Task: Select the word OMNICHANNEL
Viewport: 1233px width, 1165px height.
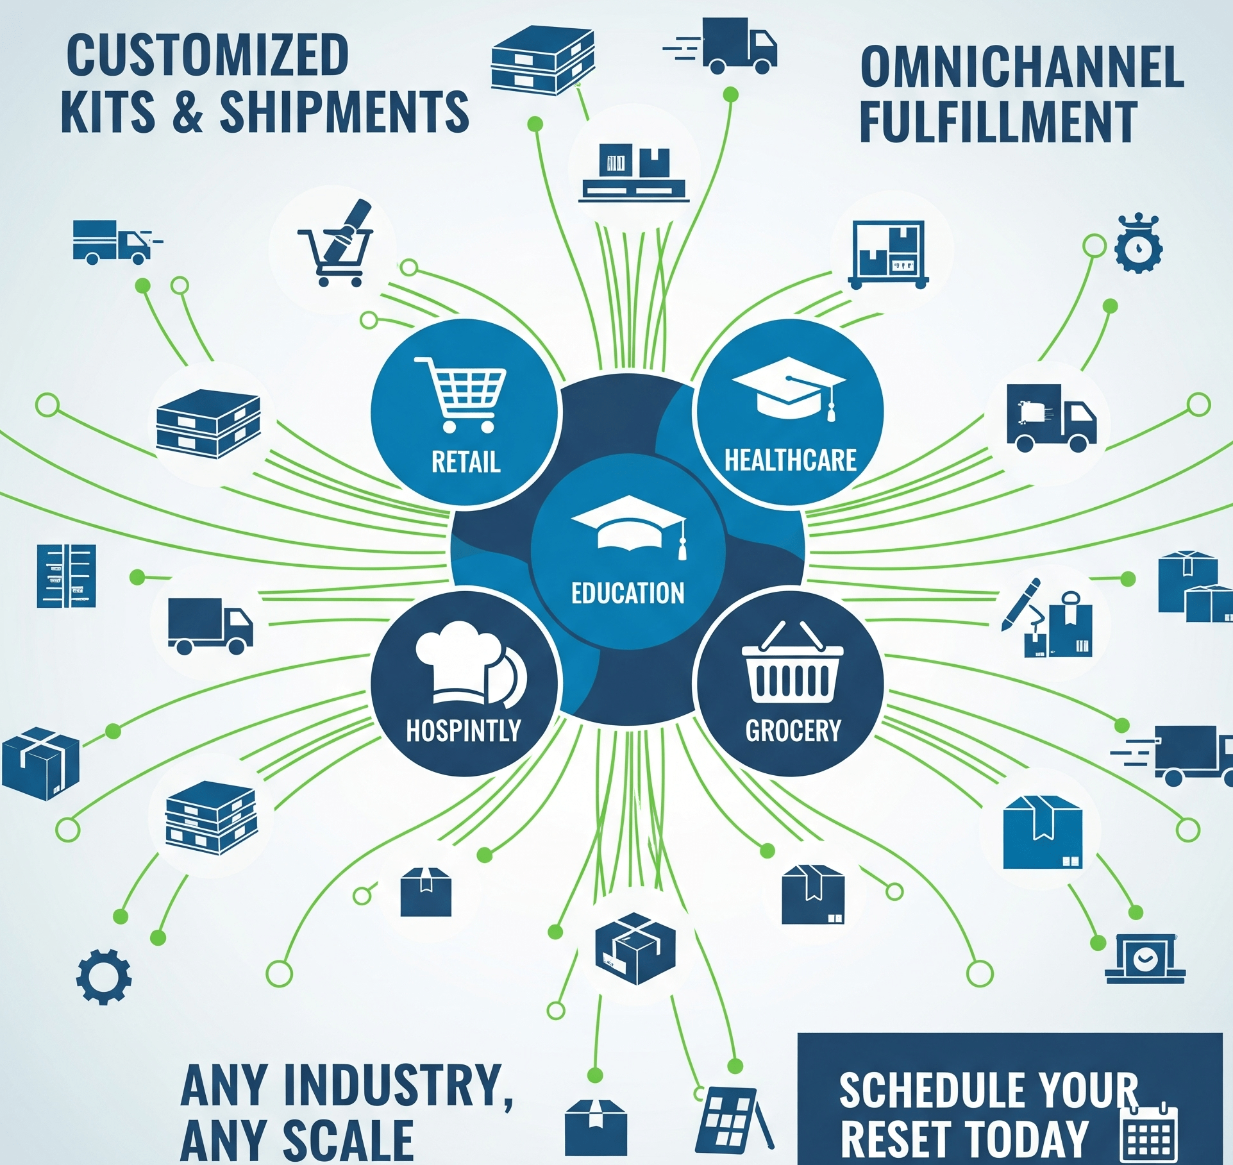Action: tap(1021, 67)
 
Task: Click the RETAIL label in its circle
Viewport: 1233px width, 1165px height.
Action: tap(466, 462)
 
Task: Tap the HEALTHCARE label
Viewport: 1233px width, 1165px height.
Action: tap(790, 460)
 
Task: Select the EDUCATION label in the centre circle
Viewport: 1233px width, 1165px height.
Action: tap(628, 593)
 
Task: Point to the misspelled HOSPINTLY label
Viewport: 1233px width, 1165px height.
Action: tap(464, 730)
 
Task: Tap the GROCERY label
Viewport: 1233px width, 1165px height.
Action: tap(793, 730)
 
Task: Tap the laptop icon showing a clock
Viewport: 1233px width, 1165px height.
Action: tap(1145, 959)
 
